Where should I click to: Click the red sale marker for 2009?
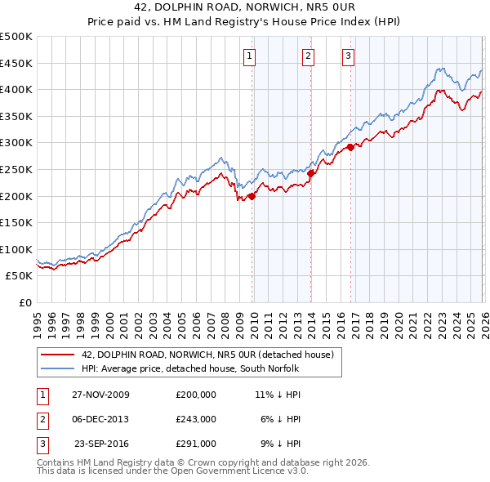[x=252, y=196]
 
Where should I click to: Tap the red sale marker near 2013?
[x=310, y=173]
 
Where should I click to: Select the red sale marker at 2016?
[x=350, y=147]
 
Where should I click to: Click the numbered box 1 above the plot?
[x=249, y=56]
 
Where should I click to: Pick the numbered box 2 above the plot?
[x=308, y=56]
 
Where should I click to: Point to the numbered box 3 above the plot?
[x=348, y=56]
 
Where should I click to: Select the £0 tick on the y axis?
[x=24, y=302]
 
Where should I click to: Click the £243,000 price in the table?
[x=196, y=419]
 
